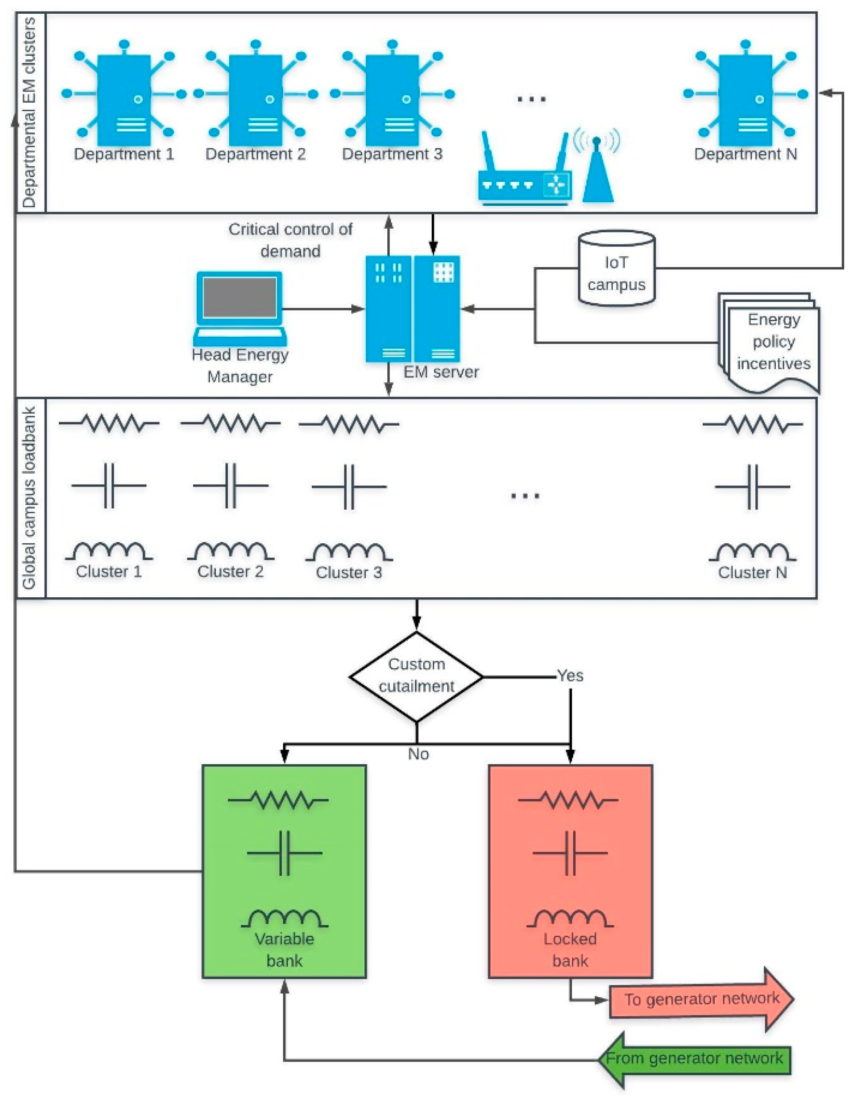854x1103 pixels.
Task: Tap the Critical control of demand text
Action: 290,240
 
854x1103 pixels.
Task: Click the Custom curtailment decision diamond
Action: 417,676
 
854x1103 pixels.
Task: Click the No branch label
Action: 418,754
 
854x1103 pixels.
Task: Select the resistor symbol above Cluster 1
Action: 109,423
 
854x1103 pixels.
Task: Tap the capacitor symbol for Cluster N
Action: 752,487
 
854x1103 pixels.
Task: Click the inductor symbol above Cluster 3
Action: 349,551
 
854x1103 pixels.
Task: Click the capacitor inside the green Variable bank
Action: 284,853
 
